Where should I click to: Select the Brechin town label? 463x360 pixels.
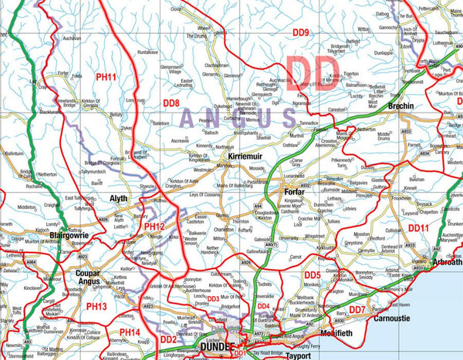click(401, 106)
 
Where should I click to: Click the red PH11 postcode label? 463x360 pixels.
click(105, 77)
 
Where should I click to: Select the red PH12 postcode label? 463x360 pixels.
click(155, 226)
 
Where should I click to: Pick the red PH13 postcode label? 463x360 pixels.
click(96, 306)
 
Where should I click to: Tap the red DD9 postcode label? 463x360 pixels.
click(300, 32)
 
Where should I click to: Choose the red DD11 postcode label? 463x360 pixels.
click(418, 228)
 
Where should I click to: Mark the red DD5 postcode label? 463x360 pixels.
click(312, 275)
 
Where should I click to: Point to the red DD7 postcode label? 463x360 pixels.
click(357, 310)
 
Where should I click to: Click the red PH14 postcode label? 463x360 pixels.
click(130, 332)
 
